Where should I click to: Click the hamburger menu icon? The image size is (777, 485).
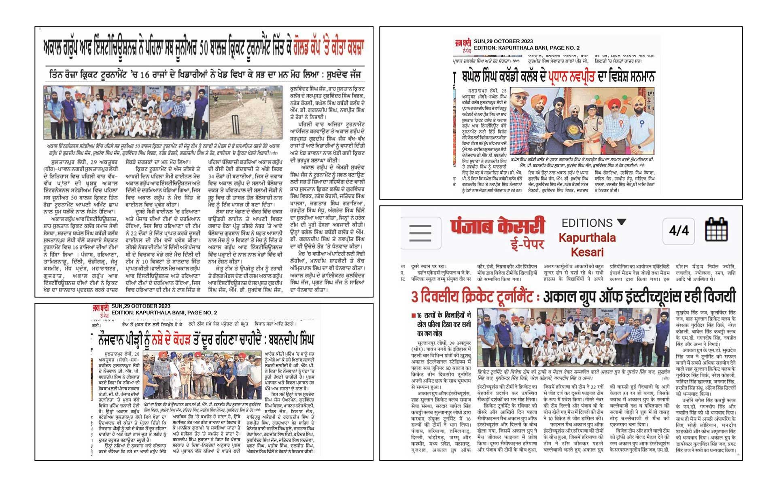(x=420, y=232)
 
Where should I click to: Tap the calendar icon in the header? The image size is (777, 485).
(x=716, y=230)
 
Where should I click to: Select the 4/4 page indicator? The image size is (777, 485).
(x=679, y=231)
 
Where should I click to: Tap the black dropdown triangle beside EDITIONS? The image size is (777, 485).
(x=622, y=222)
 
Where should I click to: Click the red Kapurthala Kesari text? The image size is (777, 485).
(x=587, y=245)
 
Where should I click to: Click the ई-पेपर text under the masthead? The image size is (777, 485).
(x=526, y=245)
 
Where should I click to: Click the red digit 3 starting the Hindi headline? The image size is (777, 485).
(x=415, y=297)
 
